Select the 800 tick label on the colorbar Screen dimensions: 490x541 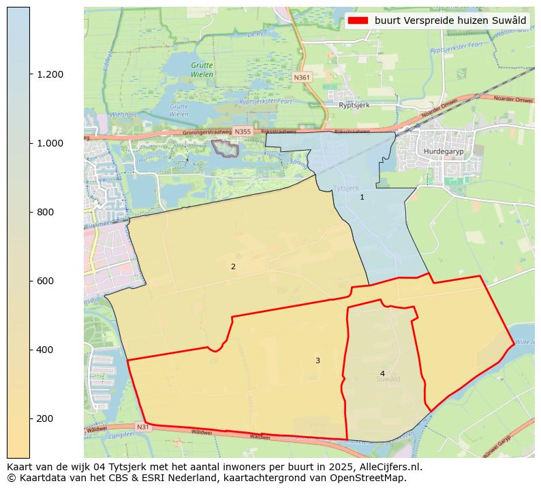45,212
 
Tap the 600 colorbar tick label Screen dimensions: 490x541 45,281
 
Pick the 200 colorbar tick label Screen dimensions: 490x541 45,418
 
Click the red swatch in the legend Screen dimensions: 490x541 358,20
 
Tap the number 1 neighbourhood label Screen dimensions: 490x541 362,197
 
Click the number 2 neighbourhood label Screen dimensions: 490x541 233,266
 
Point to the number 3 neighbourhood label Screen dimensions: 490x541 318,361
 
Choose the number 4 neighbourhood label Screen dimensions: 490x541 382,373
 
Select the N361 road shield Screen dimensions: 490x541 302,78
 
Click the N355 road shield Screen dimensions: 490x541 242,131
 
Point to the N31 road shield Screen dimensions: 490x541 142,427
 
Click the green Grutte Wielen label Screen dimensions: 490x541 202,70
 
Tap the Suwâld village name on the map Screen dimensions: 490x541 388,380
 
